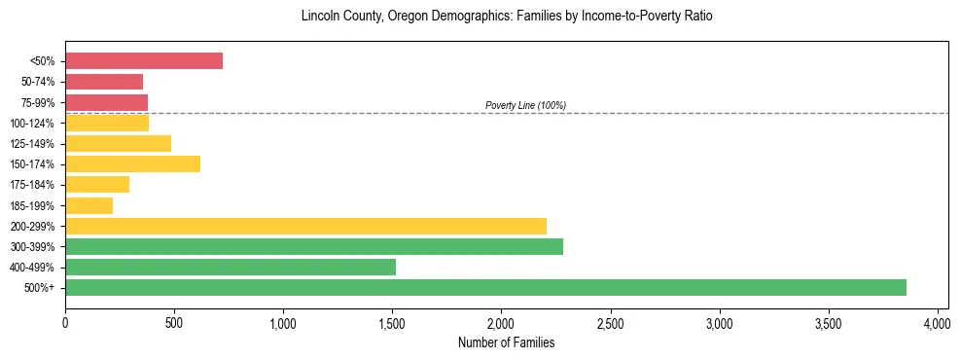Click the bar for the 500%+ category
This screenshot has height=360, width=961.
pos(485,287)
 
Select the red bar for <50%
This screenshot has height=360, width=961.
pos(144,61)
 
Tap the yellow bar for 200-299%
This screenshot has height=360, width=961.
pos(305,226)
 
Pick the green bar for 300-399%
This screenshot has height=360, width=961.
pos(314,246)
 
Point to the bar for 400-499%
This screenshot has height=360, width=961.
pos(231,267)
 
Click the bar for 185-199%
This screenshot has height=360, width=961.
pos(89,205)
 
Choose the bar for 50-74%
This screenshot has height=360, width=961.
pos(104,82)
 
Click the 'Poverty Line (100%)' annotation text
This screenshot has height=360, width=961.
pos(525,105)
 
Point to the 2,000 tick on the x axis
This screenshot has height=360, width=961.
pos(501,322)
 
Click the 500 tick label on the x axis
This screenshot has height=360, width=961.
pos(174,322)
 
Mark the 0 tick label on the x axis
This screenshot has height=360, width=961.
pos(65,322)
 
